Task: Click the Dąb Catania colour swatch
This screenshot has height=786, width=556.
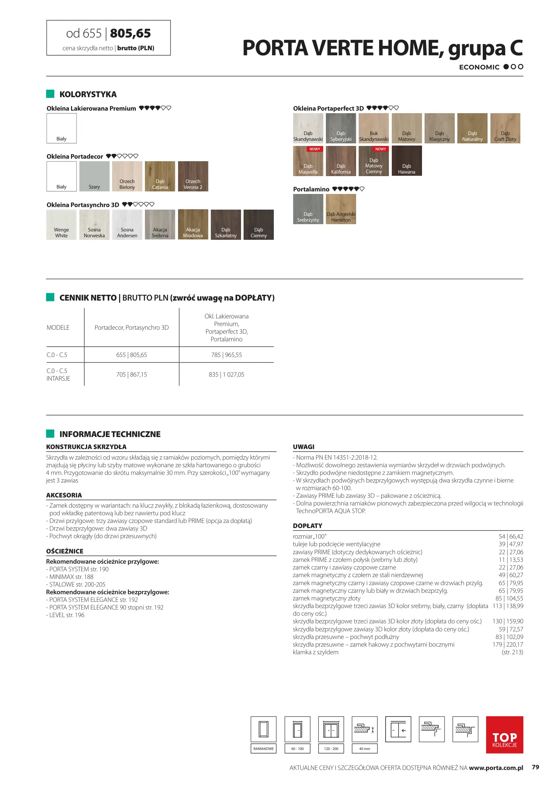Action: [160, 176]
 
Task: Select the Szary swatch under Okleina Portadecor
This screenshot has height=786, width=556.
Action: [94, 176]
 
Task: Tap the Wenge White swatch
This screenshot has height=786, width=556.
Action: [62, 225]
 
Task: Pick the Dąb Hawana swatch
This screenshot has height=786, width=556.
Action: [407, 161]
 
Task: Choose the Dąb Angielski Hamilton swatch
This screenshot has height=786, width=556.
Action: [341, 209]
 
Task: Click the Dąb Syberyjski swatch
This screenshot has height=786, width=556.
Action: [341, 128]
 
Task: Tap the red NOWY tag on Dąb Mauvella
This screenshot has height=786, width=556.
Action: [315, 149]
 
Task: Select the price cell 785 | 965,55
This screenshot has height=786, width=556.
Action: [226, 355]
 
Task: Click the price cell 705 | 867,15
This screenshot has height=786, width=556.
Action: [131, 374]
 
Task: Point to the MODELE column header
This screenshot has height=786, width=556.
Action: [58, 327]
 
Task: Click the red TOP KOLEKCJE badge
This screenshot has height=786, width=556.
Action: [504, 735]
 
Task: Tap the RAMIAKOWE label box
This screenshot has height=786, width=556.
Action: [263, 749]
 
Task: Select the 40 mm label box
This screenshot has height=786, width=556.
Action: [364, 749]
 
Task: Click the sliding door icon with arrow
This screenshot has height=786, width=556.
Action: [398, 729]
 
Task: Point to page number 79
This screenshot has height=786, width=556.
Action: [535, 767]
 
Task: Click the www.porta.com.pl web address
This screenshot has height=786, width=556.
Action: [496, 768]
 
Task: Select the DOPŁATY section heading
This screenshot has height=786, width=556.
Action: [307, 526]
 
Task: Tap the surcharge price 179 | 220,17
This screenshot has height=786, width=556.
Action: [508, 644]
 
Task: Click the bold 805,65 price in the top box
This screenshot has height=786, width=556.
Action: [130, 33]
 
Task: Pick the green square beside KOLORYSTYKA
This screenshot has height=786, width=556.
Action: [50, 94]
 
